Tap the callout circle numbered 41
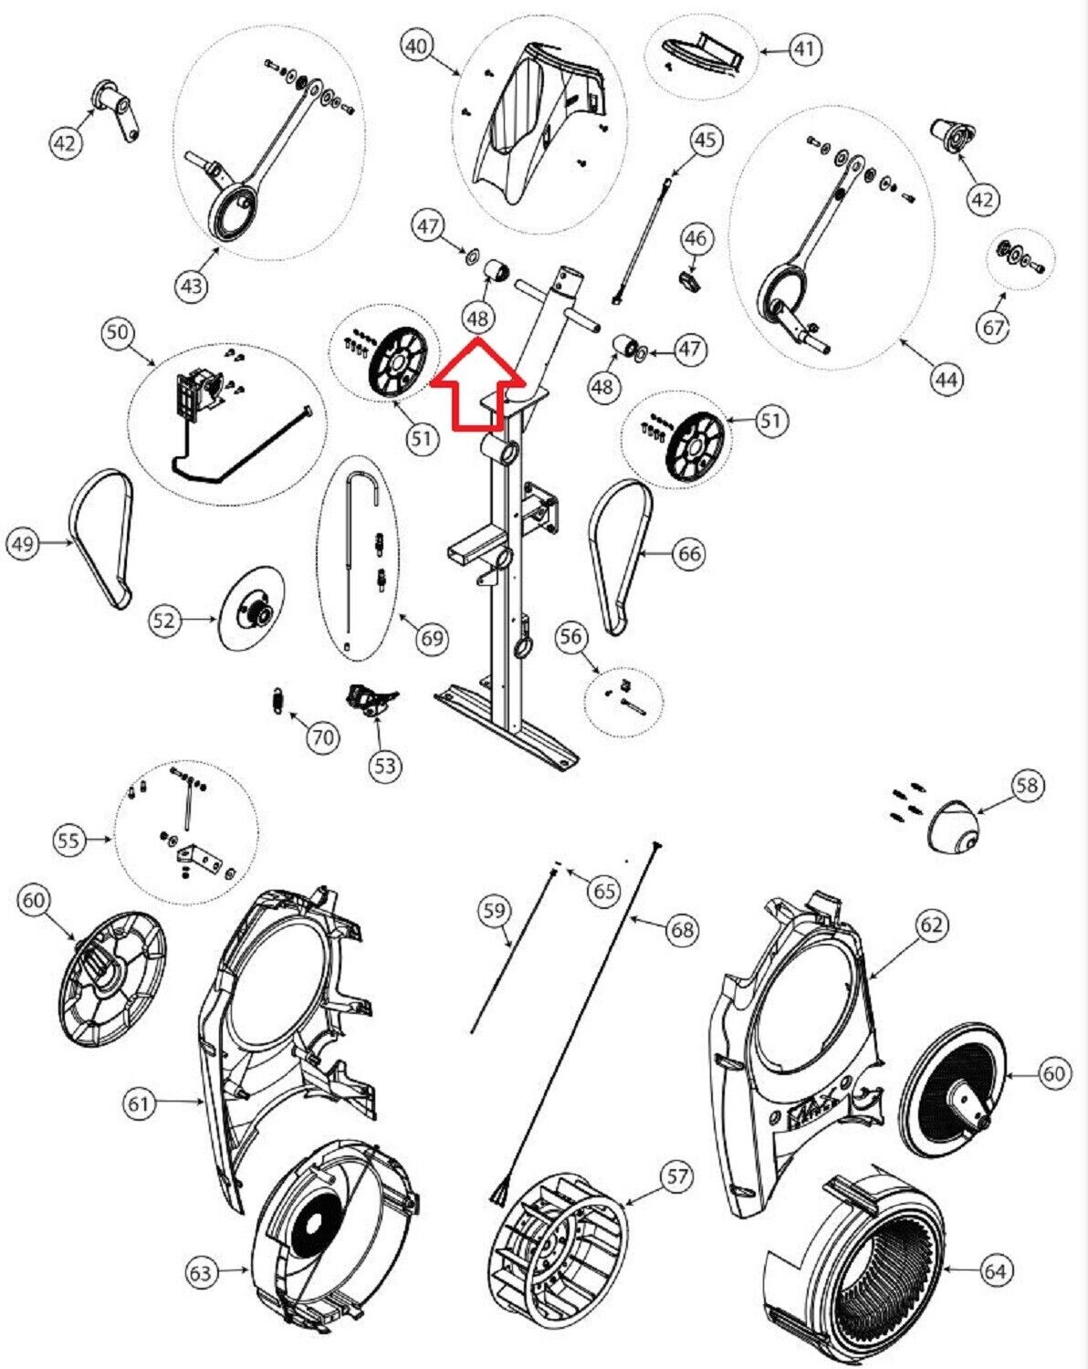[804, 49]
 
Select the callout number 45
[705, 141]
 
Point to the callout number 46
[696, 239]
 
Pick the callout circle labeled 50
[117, 332]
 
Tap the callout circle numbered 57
[677, 1176]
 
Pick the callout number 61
[138, 1103]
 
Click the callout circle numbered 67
[993, 327]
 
